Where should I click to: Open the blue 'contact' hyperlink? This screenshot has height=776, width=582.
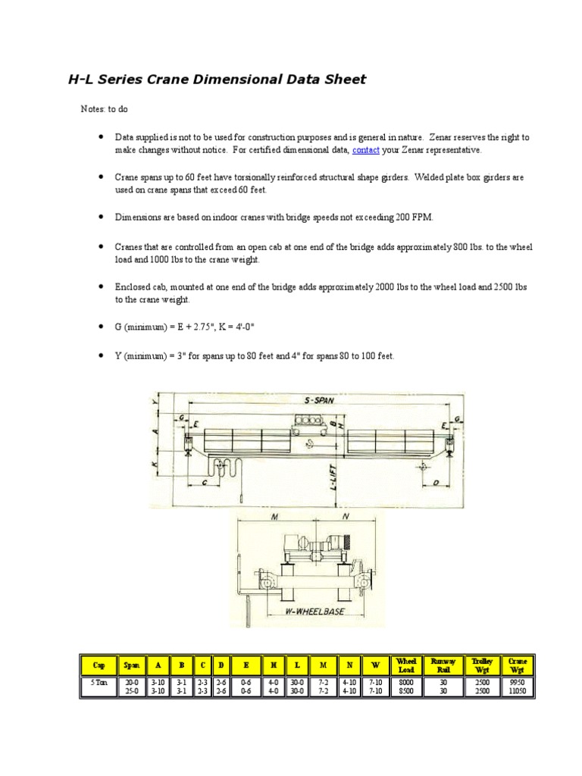pyautogui.click(x=365, y=150)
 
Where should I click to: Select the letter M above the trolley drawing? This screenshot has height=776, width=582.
pyautogui.click(x=273, y=518)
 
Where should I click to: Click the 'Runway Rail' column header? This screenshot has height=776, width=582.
pyautogui.click(x=443, y=665)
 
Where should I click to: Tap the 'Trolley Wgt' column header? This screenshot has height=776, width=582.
pyautogui.click(x=482, y=665)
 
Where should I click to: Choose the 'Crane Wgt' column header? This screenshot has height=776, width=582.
pyautogui.click(x=518, y=665)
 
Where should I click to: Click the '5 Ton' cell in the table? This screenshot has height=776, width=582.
pyautogui.click(x=99, y=682)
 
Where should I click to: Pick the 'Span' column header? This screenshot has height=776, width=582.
pyautogui.click(x=131, y=665)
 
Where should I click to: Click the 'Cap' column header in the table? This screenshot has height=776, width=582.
pyautogui.click(x=99, y=665)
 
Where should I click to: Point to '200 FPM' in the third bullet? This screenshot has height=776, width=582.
pyautogui.click(x=414, y=217)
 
